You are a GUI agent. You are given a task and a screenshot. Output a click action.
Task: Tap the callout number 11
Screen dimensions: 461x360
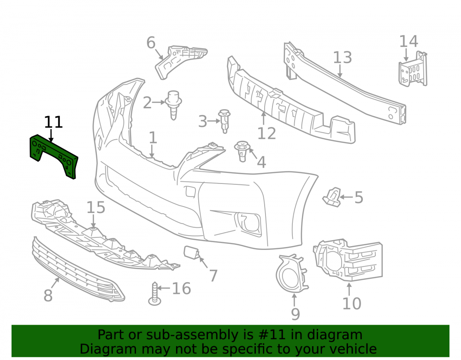tap(53, 122)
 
